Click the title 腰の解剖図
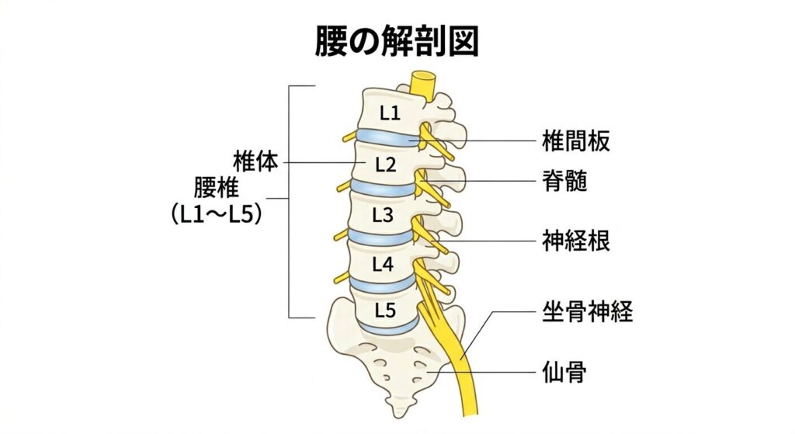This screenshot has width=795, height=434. click(x=396, y=41)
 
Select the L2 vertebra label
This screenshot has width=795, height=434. click(x=385, y=165)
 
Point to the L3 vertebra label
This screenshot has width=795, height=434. click(x=384, y=215)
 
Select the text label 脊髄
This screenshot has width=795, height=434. click(x=564, y=182)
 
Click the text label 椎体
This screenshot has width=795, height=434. click(x=255, y=162)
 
